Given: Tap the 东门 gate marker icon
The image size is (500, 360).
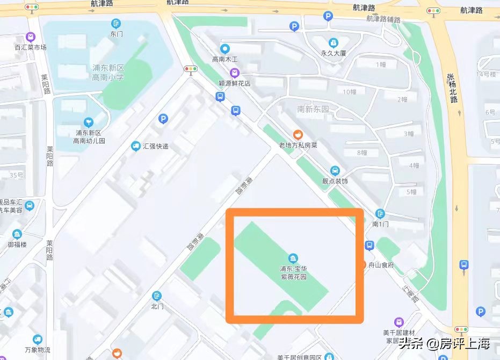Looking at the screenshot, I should pyautogui.click(x=116, y=23).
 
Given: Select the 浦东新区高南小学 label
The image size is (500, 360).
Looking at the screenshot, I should pyautogui.click(x=108, y=73).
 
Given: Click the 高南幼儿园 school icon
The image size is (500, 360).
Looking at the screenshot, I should pyautogui.click(x=89, y=122).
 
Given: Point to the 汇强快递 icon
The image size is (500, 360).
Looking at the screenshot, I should pyautogui.click(x=136, y=146).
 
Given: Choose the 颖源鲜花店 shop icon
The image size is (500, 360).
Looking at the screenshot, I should pyautogui.click(x=234, y=73).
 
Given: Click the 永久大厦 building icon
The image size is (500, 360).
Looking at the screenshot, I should pyautogui.click(x=334, y=42).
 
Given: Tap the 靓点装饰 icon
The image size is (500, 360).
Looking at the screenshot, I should pyautogui.click(x=335, y=171).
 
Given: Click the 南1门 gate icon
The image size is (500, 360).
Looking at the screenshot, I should pyautogui.click(x=380, y=213).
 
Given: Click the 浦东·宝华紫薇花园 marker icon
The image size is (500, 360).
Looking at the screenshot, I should pyautogui.click(x=293, y=258).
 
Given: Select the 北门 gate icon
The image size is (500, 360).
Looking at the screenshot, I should pyautogui.click(x=157, y=296).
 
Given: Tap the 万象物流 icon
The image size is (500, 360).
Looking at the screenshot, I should pyautogui.click(x=37, y=339).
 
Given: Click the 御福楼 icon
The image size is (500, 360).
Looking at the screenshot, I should pyautogui.click(x=17, y=234).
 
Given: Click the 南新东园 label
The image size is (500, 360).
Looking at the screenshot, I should pyautogui.click(x=313, y=109).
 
